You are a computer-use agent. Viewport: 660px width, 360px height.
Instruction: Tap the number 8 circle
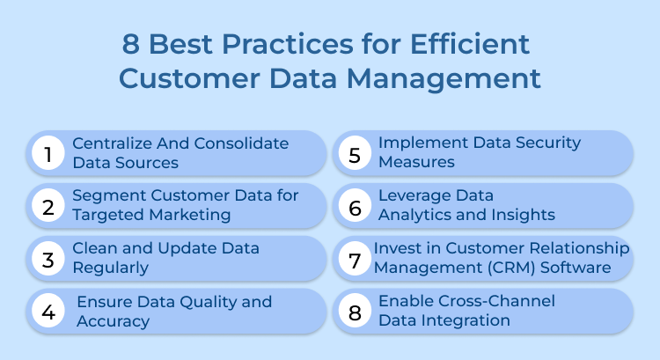click(356, 311)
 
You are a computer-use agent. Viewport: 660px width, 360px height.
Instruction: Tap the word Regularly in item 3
click(110, 267)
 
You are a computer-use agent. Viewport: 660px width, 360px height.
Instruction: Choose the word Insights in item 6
click(520, 214)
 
